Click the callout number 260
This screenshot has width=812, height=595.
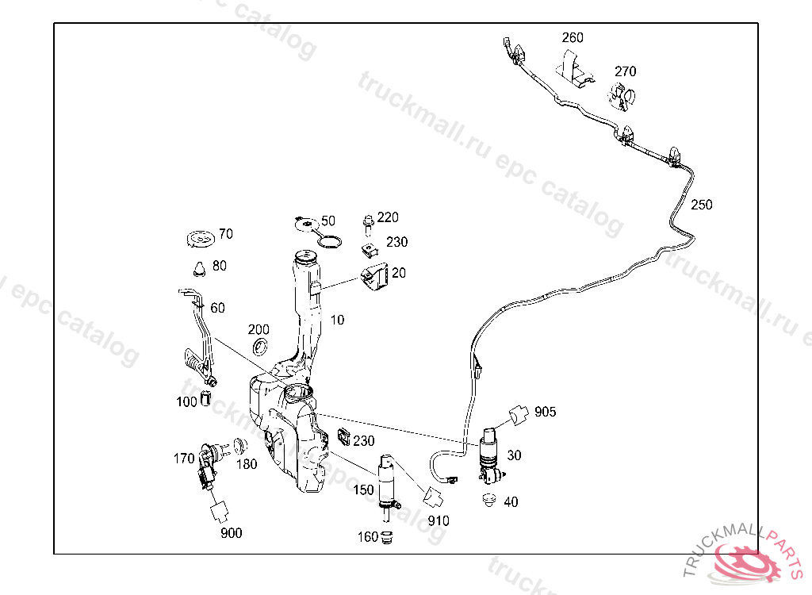(x=573, y=37)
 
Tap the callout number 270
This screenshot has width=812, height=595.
(x=625, y=71)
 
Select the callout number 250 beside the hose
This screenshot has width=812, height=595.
(x=701, y=205)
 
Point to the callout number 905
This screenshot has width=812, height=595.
(x=545, y=412)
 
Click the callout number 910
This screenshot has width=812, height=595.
(x=438, y=521)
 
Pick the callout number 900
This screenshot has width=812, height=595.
(x=231, y=533)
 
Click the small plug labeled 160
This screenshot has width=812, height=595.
(x=388, y=537)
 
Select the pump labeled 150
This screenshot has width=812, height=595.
(x=389, y=480)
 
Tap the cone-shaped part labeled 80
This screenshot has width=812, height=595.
(x=200, y=267)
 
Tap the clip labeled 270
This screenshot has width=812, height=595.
(x=622, y=97)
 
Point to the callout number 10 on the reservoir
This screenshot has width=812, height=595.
(x=338, y=321)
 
